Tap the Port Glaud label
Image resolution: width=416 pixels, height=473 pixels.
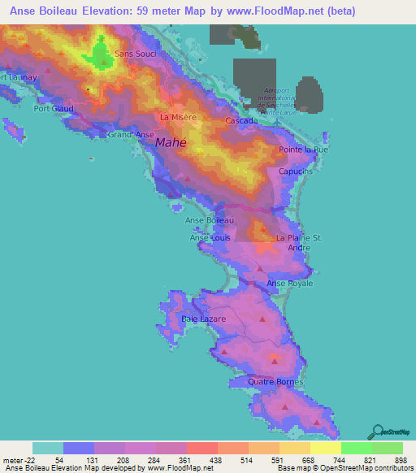[54, 108]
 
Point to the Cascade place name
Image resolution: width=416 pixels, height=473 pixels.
[241, 121]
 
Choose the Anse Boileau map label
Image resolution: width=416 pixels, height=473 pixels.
[210, 220]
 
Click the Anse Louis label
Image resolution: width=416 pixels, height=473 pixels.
[210, 237]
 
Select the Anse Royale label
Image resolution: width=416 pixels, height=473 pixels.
[290, 283]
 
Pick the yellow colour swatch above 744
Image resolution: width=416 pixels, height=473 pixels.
[325, 448]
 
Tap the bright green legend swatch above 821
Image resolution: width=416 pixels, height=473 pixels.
[356, 448]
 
